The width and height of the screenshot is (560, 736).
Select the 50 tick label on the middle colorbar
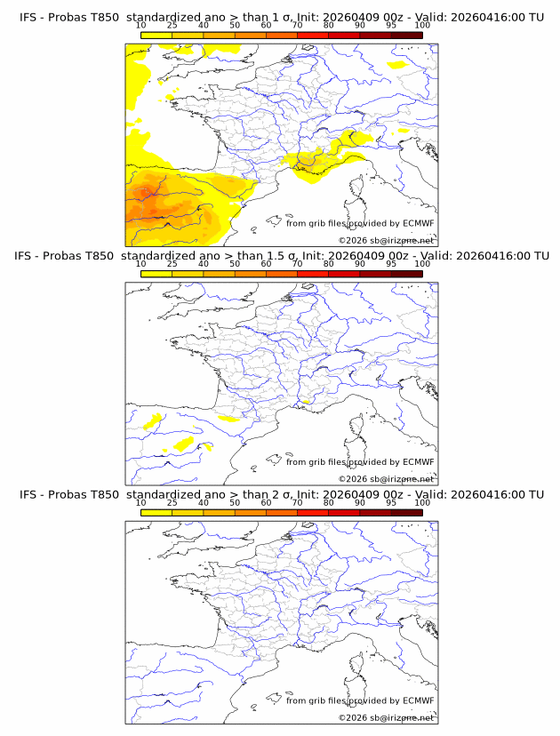tap(235, 264)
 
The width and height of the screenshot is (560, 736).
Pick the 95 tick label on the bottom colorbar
tap(391, 503)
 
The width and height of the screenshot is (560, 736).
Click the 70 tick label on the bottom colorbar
tap(297, 503)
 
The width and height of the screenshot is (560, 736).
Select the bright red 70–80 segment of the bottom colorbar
tap(312, 513)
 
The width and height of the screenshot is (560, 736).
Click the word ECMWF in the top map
tap(418, 222)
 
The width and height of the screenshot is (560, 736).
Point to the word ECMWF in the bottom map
tap(418, 700)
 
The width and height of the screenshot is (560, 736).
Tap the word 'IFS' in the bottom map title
tap(28, 494)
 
